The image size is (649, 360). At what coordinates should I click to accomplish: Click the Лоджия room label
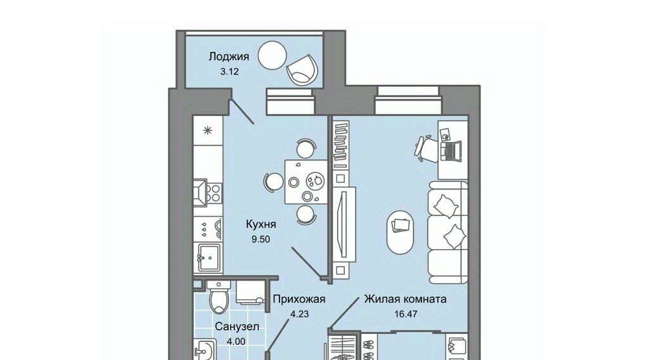coord(228,56)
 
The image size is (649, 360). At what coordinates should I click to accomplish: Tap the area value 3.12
coord(229,72)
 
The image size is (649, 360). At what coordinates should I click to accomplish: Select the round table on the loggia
coord(272,55)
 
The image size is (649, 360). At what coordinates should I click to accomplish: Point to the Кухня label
coord(260,224)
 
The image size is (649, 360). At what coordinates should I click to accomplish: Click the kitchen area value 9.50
coord(260,239)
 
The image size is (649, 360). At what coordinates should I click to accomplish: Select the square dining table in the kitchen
coord(306,182)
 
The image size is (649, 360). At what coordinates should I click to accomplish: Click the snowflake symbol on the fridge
coord(208,131)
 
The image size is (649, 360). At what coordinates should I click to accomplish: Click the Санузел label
coord(237,327)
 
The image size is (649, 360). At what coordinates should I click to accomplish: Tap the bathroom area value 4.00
coord(236,342)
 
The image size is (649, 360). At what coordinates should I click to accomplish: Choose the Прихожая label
coord(299,299)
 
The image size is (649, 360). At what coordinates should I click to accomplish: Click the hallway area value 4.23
coord(299,314)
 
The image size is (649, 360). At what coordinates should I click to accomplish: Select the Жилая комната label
coord(405,299)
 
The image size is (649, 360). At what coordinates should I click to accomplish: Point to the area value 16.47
coord(406,314)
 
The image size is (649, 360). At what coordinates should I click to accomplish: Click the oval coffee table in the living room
coord(401,232)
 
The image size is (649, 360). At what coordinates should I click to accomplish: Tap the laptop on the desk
coord(451,150)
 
